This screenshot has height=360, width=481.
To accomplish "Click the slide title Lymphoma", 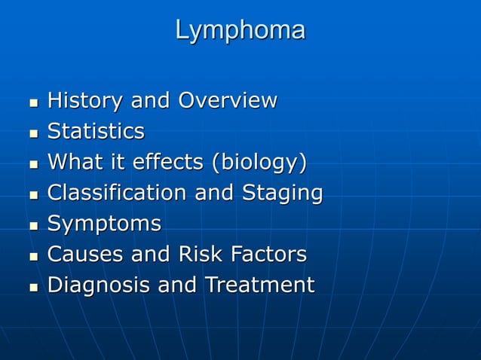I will coord(240,31).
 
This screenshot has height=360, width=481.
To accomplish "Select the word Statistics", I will coord(96,132).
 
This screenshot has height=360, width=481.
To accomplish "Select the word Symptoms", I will coord(104,224).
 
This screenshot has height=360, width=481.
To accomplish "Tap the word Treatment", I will coord(256,285).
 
